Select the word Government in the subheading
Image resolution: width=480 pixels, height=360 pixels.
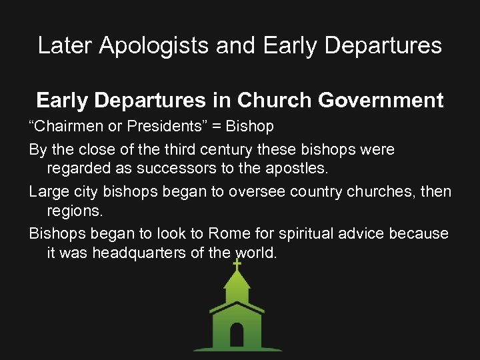[x=381, y=100]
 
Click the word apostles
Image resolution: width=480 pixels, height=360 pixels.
[x=295, y=169]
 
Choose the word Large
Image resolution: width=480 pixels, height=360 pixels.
[x=46, y=191]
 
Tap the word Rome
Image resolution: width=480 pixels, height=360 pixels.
[x=229, y=233]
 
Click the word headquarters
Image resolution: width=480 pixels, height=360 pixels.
[x=135, y=253]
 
